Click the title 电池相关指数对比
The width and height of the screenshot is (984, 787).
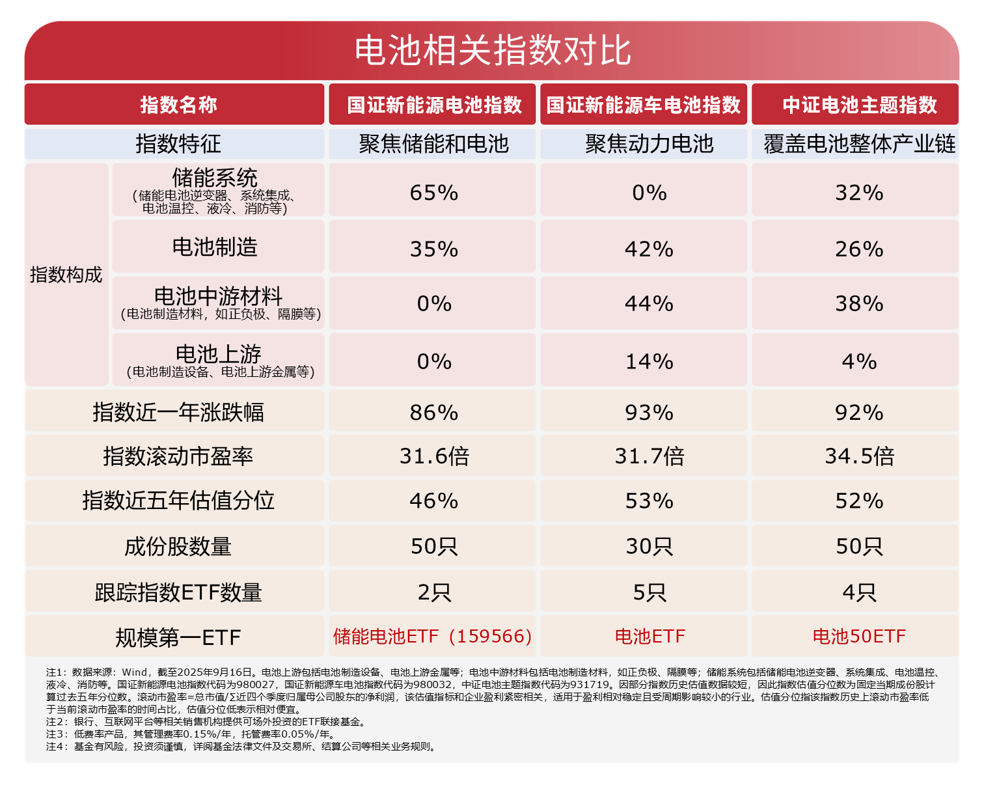click(492, 51)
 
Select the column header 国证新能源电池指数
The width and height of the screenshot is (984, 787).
click(434, 105)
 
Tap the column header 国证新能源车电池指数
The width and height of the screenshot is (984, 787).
click(643, 105)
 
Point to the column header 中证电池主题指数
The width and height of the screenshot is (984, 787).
click(859, 105)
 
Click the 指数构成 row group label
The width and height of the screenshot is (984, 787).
click(66, 275)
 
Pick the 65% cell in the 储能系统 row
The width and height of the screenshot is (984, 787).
click(434, 193)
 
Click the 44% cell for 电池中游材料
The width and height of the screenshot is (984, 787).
click(649, 303)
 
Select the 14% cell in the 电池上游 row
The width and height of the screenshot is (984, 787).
click(649, 361)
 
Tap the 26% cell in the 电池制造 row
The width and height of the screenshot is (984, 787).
click(859, 249)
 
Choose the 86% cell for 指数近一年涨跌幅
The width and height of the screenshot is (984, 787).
click(434, 413)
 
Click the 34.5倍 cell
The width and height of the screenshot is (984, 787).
click(859, 456)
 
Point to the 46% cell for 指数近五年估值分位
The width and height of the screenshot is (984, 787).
click(434, 501)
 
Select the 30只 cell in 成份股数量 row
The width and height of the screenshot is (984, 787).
click(649, 546)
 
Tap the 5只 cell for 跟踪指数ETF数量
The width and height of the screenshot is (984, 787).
click(649, 592)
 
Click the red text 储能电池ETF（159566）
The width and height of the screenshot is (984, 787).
click(433, 636)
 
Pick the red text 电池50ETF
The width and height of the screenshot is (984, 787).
click(859, 636)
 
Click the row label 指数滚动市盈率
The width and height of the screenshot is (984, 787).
click(178, 456)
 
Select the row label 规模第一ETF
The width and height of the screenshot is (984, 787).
click(178, 637)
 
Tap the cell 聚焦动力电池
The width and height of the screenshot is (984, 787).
click(649, 144)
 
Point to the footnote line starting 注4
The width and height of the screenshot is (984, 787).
click(241, 747)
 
